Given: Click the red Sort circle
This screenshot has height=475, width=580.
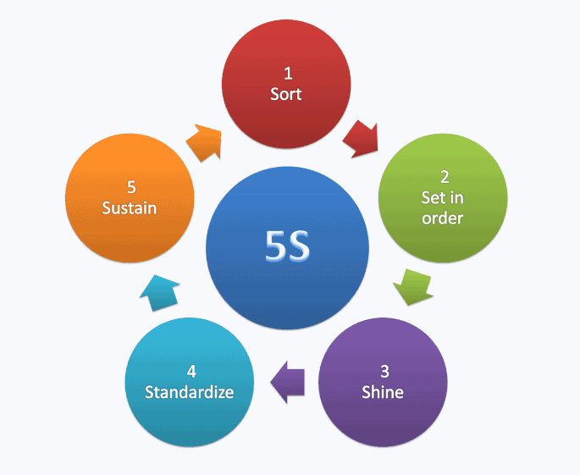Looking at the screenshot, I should click(x=286, y=83).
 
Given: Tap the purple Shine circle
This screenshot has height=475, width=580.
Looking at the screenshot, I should click(x=383, y=382).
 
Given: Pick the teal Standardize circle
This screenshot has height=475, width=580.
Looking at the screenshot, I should click(x=189, y=382).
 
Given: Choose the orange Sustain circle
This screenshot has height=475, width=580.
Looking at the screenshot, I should click(x=130, y=197).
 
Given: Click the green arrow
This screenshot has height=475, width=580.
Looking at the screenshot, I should click(x=414, y=285).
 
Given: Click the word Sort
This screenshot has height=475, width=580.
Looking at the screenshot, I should click(x=286, y=94).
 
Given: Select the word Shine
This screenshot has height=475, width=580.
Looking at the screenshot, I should click(x=383, y=392).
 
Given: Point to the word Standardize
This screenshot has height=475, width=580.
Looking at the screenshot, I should click(x=189, y=393).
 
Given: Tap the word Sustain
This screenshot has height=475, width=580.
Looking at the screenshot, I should click(x=130, y=207).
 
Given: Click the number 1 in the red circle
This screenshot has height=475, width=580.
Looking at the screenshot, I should click(x=286, y=74).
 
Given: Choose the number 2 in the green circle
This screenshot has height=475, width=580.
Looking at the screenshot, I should click(x=444, y=178).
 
